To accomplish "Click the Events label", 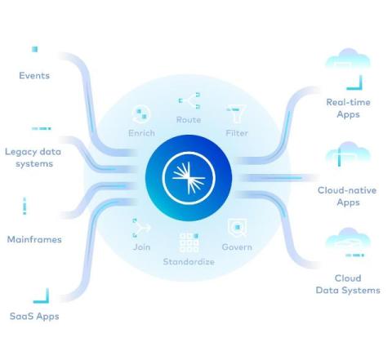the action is pos(34,75).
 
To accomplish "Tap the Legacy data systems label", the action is pos(33,158).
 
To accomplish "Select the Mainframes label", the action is pos(34,239).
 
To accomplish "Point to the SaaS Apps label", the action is pos(34,316).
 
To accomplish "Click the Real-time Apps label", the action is pos(348,108).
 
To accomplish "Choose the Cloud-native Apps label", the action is pos(347,196).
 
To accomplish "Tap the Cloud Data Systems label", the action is pos(348,284).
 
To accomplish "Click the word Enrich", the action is pos(141,133).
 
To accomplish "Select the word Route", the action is pos(189,119).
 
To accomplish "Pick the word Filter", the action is pos(237,133).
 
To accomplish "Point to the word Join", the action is pos(141,247).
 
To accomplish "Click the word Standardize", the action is pos(189,261).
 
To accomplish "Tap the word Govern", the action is pos(237,247).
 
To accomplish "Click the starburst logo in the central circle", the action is pos(189,178).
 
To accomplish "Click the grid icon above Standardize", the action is pos(189,242).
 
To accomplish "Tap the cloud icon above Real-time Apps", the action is pos(348,59).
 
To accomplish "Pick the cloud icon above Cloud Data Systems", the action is pos(348,238).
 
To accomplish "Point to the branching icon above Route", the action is pos(189,100).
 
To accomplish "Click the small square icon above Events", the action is pos(34,49).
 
